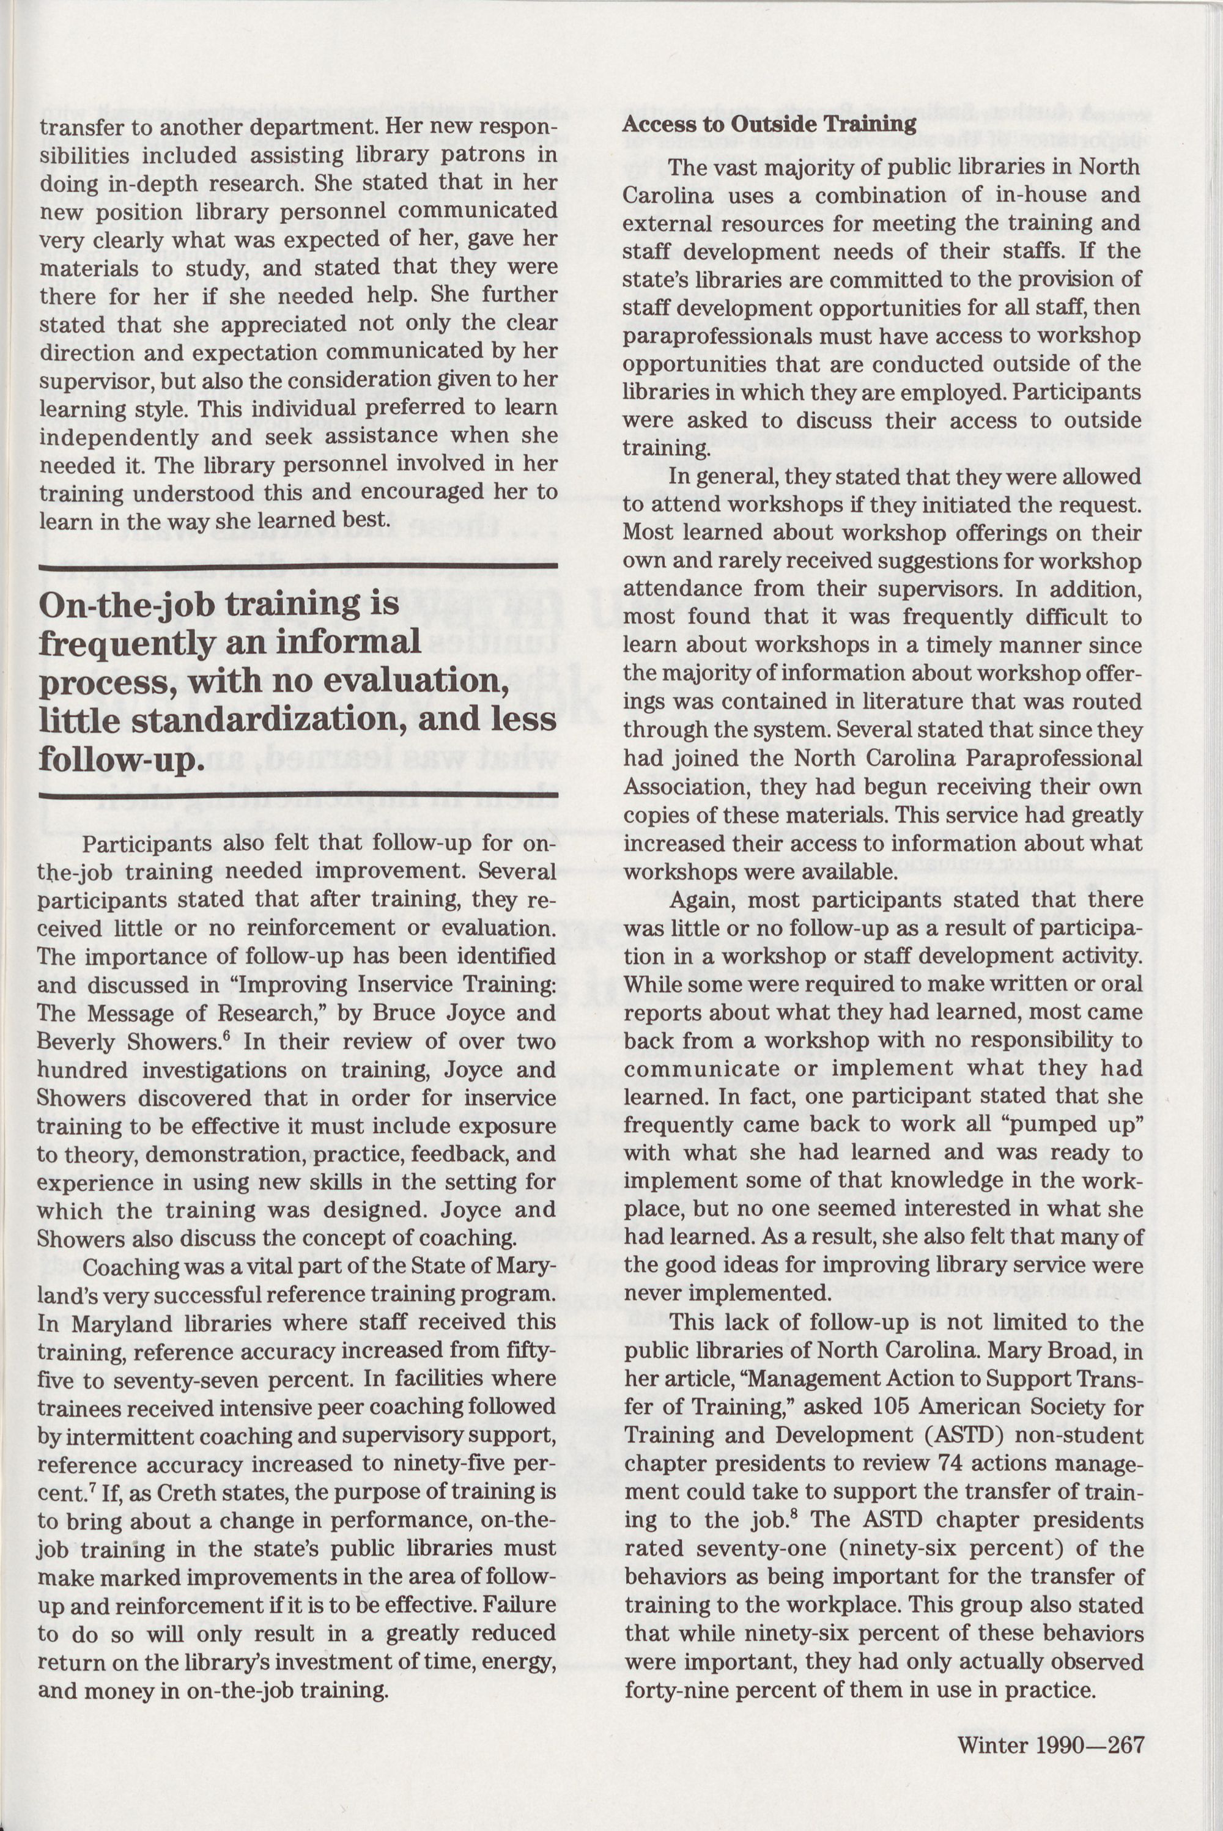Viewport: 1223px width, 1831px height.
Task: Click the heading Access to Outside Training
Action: click(x=769, y=124)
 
